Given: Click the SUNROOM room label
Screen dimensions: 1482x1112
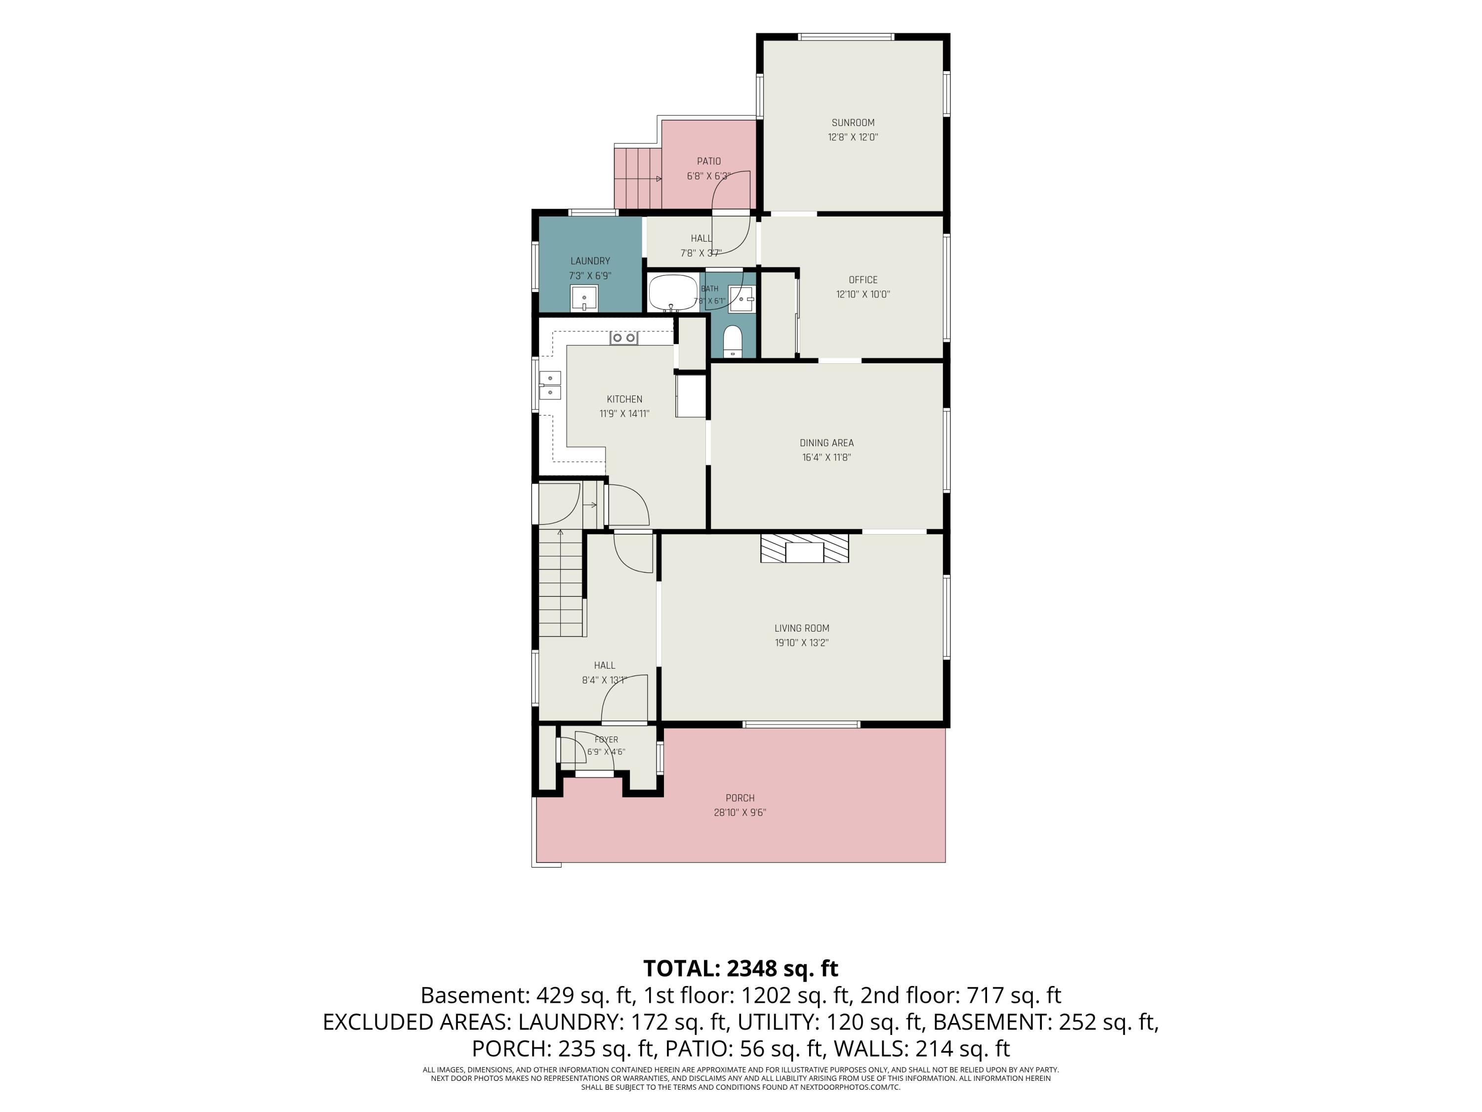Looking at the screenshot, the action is [x=853, y=123].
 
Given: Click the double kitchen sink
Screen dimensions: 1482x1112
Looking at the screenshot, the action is [x=550, y=385].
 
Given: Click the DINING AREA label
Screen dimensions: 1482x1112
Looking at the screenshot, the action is [x=827, y=443].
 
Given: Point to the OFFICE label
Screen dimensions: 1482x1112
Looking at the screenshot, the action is [x=863, y=280].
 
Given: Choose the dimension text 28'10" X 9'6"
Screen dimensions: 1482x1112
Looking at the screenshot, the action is [x=740, y=813].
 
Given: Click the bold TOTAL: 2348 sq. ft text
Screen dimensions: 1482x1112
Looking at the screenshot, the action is [x=741, y=969].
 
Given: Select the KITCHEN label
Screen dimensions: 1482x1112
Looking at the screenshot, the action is [x=624, y=399].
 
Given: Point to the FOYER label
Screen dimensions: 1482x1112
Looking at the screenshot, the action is [x=606, y=740].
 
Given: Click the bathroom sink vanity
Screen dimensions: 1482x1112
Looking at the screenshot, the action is [x=741, y=299].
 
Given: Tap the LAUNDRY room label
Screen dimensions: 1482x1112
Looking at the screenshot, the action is [x=590, y=261].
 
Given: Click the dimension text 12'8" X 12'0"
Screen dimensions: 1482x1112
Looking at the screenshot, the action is [x=853, y=137].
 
